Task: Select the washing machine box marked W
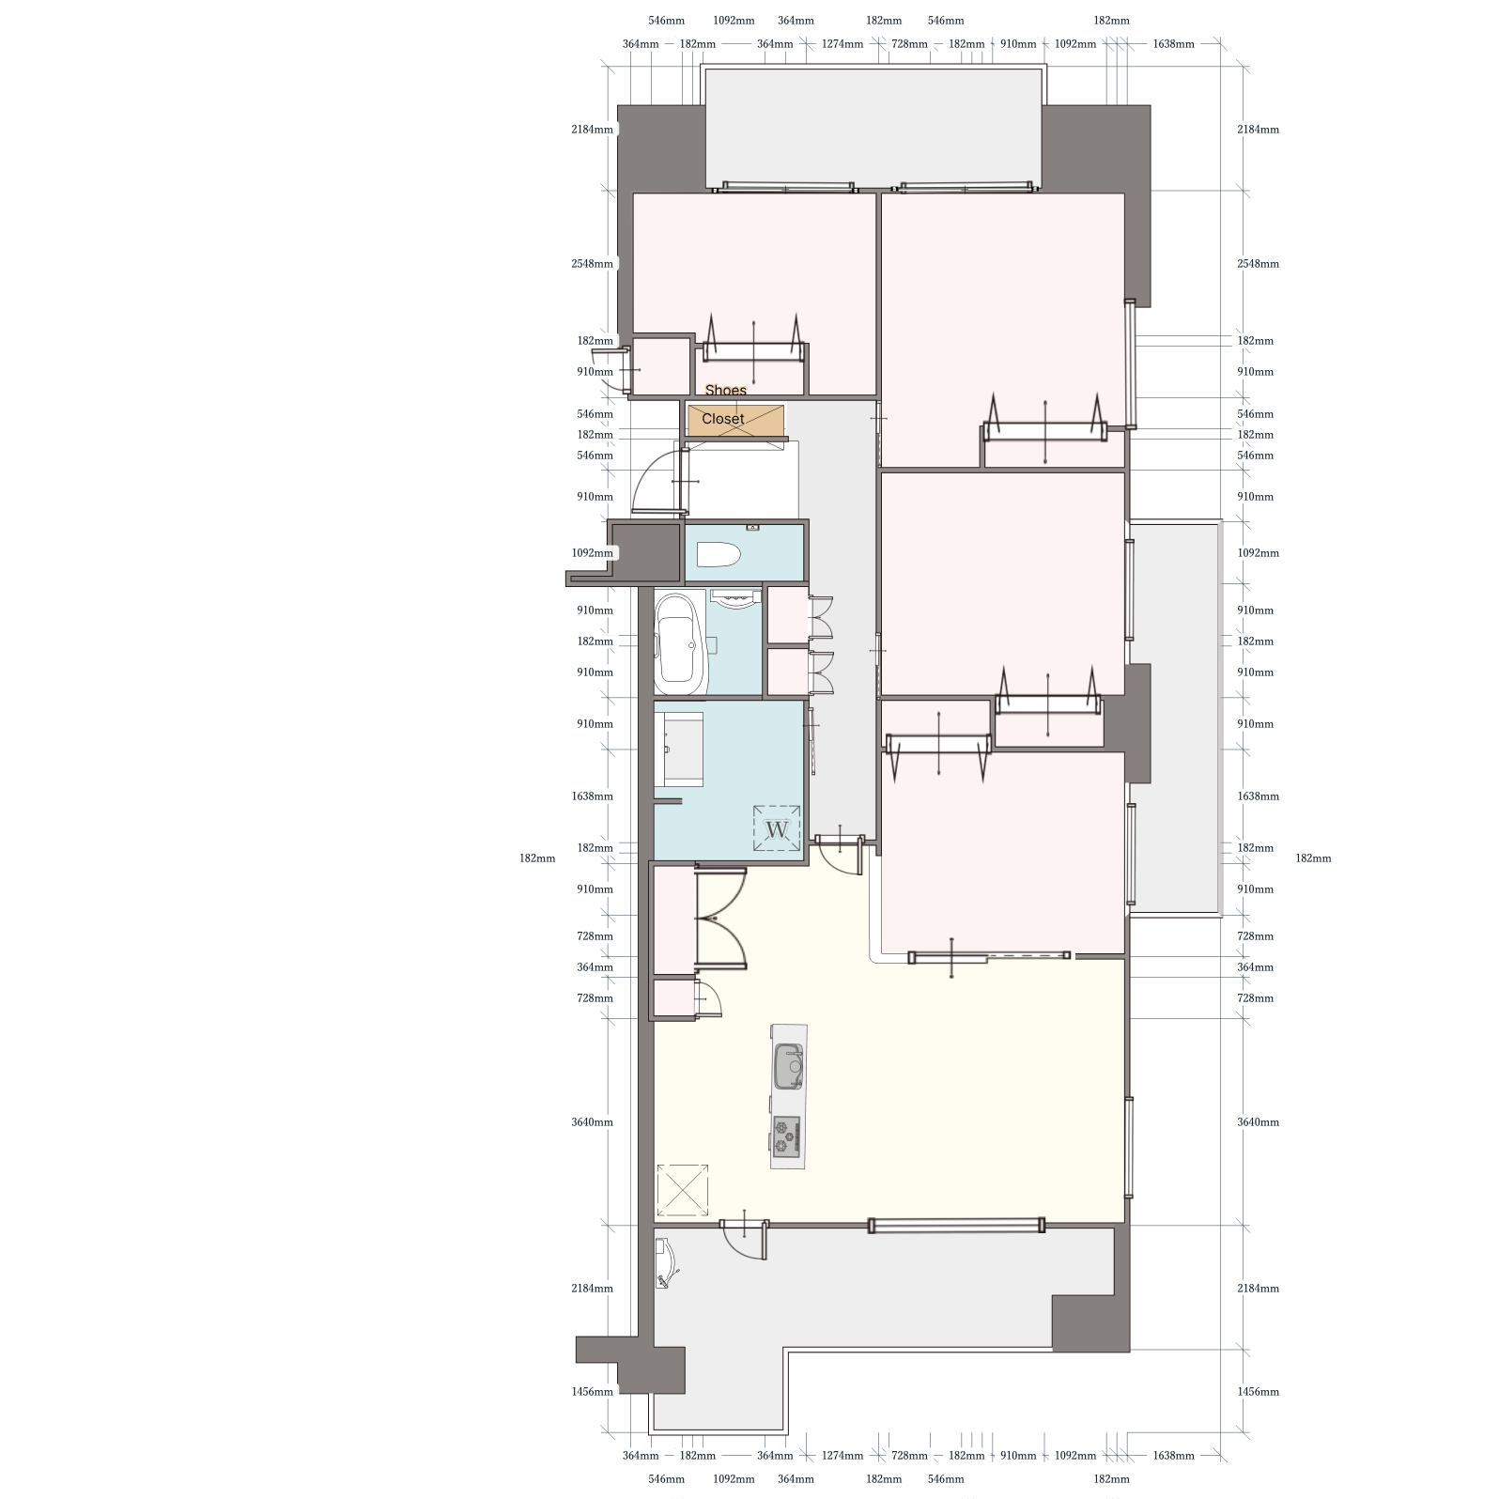(777, 829)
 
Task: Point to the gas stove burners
(786, 1136)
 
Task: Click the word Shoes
(726, 390)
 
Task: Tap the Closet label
(723, 419)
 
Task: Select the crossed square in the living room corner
(682, 1190)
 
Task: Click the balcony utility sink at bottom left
(666, 1264)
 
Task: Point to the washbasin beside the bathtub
(734, 599)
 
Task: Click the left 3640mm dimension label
(592, 1122)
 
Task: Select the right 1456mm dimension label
(1258, 1392)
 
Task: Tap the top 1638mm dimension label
(1173, 44)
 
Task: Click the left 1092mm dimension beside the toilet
(592, 553)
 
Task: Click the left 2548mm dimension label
(592, 264)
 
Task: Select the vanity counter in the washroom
(681, 749)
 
